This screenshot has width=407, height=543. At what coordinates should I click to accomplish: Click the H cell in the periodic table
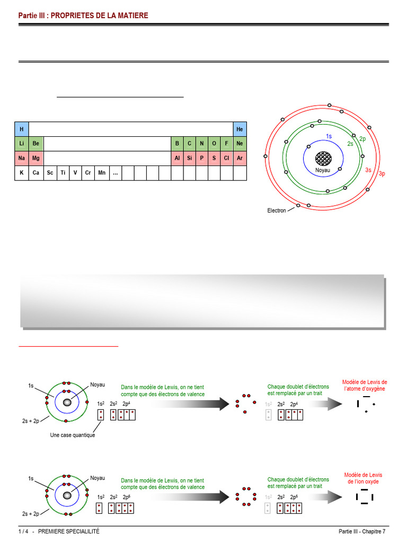pos(21,129)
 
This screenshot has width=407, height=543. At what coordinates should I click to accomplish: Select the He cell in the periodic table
pos(240,129)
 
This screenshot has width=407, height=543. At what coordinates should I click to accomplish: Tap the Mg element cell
pos(36,158)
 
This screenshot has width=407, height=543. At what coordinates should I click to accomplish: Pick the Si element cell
pos(190,158)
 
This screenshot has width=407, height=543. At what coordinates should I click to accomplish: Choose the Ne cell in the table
pos(240,144)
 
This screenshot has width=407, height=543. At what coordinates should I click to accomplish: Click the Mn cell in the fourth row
pos(102,173)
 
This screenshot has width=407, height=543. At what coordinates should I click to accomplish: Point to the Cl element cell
pos(227,158)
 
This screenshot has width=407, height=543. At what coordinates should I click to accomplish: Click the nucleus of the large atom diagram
pos(323,158)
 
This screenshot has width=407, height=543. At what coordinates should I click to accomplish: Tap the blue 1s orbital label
pos(329,136)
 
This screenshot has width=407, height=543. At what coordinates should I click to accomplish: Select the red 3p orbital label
pos(382,174)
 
